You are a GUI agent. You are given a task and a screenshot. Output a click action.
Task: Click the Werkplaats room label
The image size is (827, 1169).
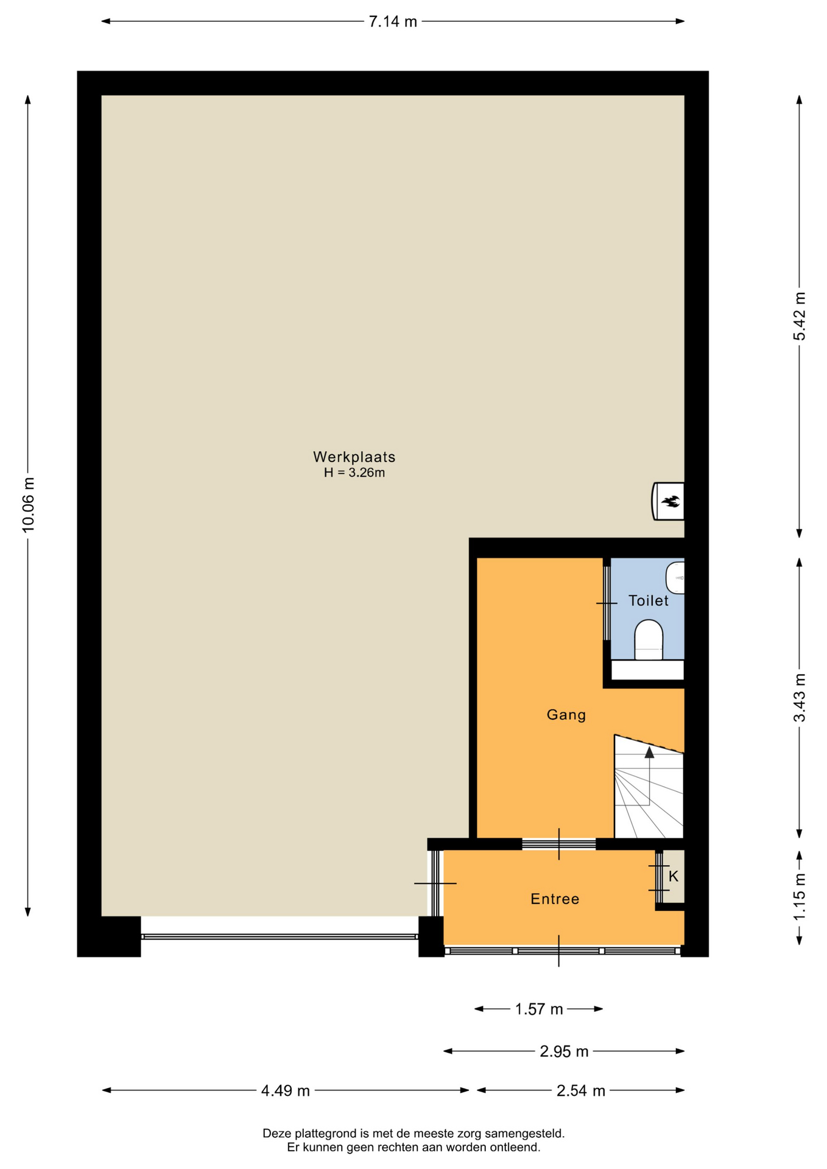click(354, 457)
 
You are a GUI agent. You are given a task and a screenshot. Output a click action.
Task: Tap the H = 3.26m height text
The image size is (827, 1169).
click(354, 472)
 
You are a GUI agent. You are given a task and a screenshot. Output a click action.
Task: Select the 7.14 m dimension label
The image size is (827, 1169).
click(393, 22)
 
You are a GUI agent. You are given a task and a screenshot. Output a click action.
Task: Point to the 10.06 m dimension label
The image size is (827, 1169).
click(28, 505)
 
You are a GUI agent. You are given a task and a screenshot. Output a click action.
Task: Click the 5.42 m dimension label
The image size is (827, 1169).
click(799, 317)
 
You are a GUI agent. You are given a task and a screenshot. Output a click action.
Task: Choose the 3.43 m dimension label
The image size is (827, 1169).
click(799, 698)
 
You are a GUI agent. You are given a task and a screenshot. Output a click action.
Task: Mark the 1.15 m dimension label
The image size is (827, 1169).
click(799, 897)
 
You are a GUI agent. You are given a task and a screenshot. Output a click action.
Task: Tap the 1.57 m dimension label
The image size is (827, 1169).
click(539, 1009)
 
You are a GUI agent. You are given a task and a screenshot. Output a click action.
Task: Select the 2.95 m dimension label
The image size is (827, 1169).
click(564, 1051)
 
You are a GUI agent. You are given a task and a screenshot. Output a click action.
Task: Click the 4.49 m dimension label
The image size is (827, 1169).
click(285, 1090)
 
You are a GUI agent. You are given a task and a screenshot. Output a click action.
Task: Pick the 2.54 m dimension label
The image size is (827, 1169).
click(580, 1090)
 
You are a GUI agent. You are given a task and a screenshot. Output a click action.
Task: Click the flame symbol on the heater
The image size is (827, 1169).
click(671, 502)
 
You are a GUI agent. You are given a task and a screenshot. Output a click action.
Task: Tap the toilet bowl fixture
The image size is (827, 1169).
click(649, 640)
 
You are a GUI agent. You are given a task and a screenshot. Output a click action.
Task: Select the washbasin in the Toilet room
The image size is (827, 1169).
click(675, 578)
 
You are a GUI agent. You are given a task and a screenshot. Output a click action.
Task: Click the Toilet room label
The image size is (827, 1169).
click(648, 601)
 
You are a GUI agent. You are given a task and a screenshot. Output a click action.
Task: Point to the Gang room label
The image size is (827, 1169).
click(566, 715)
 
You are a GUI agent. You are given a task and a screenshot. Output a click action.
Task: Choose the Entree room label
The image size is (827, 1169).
click(555, 899)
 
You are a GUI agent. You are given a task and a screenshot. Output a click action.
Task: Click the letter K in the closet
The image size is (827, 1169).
click(674, 876)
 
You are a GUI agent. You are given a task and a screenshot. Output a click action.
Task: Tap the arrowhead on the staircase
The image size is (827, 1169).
click(649, 753)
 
